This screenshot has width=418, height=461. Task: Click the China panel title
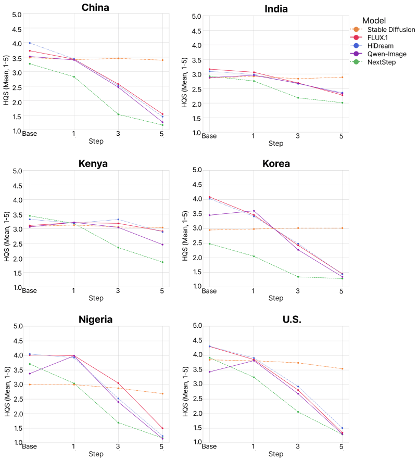(x=95, y=8)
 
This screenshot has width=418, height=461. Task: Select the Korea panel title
(x=276, y=163)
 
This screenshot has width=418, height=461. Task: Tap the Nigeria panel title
(x=95, y=319)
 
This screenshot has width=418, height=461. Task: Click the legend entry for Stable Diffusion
(x=383, y=30)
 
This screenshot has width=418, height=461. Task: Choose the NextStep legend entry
(x=373, y=62)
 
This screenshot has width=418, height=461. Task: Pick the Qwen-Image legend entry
(x=378, y=54)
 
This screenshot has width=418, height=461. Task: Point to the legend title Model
(x=374, y=21)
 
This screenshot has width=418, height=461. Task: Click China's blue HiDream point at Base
(x=30, y=43)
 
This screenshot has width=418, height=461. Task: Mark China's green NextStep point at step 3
(x=118, y=114)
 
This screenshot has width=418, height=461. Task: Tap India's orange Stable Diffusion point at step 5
(x=342, y=77)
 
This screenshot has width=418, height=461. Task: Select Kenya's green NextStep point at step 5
(x=162, y=262)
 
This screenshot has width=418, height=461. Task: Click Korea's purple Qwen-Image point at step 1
(x=254, y=211)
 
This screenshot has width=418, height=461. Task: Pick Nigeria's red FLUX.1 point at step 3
(x=118, y=383)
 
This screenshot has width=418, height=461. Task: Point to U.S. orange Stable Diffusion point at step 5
(x=342, y=369)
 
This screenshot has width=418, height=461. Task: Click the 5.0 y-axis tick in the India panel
(x=196, y=17)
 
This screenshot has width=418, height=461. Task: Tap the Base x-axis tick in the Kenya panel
(x=30, y=290)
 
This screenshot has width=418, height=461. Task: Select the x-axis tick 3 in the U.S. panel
(x=298, y=446)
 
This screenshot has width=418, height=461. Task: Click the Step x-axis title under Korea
(x=276, y=298)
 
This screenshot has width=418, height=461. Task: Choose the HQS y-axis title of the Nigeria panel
(x=7, y=391)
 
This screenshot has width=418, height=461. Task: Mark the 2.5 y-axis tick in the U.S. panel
(x=197, y=399)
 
